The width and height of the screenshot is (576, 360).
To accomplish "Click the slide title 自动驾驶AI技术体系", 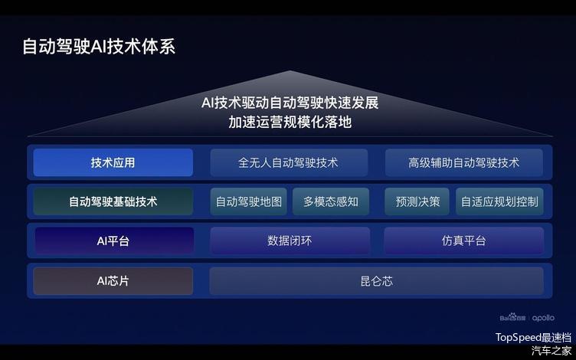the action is point(99,47).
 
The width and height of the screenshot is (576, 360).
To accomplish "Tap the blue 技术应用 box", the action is point(113,162).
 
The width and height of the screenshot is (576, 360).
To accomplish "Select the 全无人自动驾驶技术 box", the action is point(289,162).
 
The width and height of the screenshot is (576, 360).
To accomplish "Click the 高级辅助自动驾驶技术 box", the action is point(464,162).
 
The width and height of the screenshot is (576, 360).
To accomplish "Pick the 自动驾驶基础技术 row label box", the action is point(113,201).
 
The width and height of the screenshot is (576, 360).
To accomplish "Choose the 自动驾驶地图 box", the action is point(249,201).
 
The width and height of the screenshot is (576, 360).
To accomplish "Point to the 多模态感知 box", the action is point(331,201).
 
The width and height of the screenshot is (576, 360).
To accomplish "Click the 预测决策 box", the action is point(417,201).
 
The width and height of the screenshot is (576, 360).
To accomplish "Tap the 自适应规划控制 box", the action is point(499,201).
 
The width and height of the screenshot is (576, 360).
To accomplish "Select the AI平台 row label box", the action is point(114,241).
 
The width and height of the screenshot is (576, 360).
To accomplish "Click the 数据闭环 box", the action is point(290,241).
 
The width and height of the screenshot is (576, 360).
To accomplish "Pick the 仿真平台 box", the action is point(464,241).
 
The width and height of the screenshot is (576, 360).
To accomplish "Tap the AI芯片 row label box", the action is point(113,281).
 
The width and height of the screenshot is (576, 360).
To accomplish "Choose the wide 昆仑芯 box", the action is point(377,281).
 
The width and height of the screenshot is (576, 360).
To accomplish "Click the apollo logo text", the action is point(543,318).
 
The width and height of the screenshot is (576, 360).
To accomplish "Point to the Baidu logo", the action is point(512,317).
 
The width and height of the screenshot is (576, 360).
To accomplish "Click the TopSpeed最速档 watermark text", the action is point(533,337).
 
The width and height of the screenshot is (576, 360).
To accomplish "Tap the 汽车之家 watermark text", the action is point(551,351).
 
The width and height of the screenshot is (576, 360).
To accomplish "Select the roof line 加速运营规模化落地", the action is point(290,122).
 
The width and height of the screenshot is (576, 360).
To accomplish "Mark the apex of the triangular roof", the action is point(290,70).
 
